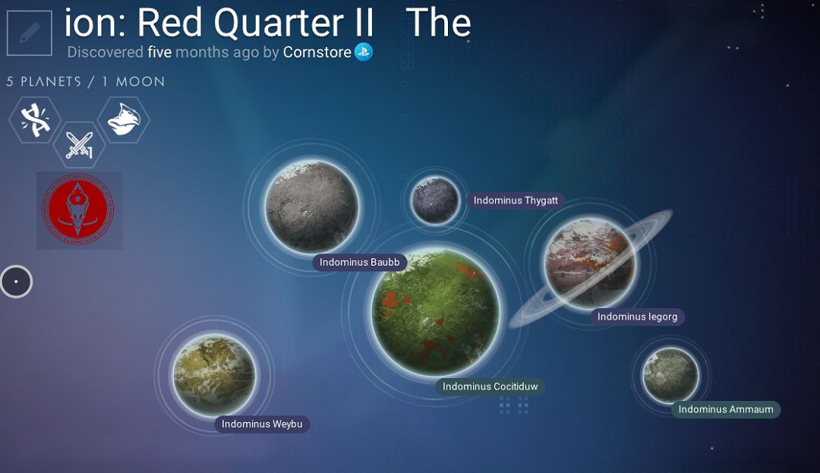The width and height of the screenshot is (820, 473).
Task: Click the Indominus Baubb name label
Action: [x=359, y=263]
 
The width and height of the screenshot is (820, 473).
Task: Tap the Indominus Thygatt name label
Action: [x=516, y=200]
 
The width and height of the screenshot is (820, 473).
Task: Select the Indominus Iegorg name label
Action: [x=638, y=317]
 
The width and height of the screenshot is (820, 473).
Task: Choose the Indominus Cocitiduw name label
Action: [x=490, y=386]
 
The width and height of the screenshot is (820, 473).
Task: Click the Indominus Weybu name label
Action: [x=262, y=424]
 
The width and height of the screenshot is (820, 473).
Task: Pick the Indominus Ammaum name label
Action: [x=726, y=409]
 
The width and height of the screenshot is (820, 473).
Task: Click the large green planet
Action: [x=436, y=312]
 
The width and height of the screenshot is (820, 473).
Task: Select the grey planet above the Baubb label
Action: [x=312, y=207]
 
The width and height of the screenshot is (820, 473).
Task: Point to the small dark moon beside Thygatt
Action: [x=435, y=200]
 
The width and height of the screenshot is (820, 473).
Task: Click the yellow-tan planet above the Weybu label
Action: [x=214, y=375]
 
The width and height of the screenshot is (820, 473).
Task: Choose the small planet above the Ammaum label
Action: [x=670, y=375]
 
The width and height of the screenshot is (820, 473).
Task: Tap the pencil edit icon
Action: [x=30, y=33]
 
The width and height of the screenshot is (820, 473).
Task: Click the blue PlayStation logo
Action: [x=364, y=52]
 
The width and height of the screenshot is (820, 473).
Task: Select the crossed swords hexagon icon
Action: [x=79, y=145]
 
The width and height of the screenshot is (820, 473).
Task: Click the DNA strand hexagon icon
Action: [x=35, y=120]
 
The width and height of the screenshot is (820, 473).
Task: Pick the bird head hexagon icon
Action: [x=124, y=120]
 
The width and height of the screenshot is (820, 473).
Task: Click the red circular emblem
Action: [x=78, y=210]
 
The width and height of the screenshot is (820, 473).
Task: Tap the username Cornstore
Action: [x=317, y=52]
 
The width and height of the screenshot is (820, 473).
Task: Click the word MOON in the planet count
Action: [x=140, y=81]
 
